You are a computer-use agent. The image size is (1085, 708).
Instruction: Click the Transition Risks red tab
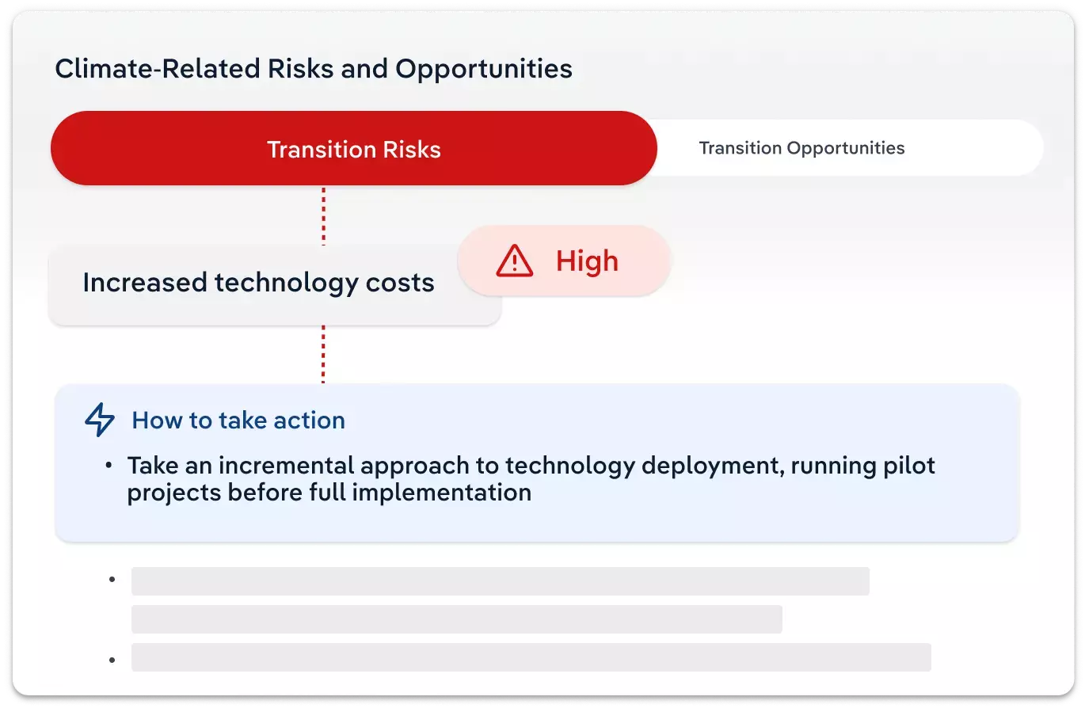tap(353, 149)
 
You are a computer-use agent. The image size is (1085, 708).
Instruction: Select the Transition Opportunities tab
tap(801, 148)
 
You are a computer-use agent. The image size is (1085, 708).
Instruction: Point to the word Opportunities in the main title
tap(483, 69)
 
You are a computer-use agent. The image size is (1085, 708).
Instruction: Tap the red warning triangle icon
tap(515, 261)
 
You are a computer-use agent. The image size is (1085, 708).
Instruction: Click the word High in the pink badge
tap(587, 261)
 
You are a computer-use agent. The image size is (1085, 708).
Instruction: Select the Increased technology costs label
tap(258, 283)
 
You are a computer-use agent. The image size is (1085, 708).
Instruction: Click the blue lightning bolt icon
tap(100, 420)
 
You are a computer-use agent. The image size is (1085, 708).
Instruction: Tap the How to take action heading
tap(238, 420)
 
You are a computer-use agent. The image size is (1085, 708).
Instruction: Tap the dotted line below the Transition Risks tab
tap(323, 215)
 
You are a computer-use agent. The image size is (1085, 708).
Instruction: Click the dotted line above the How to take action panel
tap(323, 354)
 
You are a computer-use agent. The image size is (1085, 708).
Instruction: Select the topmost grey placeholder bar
tap(500, 581)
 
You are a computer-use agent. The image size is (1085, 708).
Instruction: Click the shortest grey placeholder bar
tap(456, 619)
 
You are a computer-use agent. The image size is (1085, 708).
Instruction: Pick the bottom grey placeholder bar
tap(531, 657)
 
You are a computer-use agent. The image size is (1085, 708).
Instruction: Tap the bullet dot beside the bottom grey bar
tap(112, 659)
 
